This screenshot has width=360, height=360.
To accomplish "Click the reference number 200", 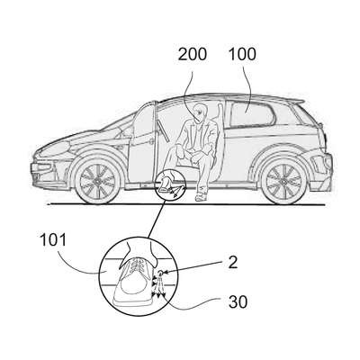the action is (193, 54).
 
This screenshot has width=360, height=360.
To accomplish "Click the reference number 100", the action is (242, 54).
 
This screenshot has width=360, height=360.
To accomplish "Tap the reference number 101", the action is (53, 240).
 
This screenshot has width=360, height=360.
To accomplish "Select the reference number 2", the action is (232, 263).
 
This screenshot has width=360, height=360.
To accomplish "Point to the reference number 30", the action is (238, 301).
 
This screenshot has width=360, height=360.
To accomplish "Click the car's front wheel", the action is (97, 180).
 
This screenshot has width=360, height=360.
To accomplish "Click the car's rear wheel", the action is (283, 181).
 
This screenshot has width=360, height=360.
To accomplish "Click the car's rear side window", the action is (251, 113).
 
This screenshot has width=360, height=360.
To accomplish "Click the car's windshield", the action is (117, 126).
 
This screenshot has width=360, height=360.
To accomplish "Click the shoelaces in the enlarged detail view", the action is (139, 265).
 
